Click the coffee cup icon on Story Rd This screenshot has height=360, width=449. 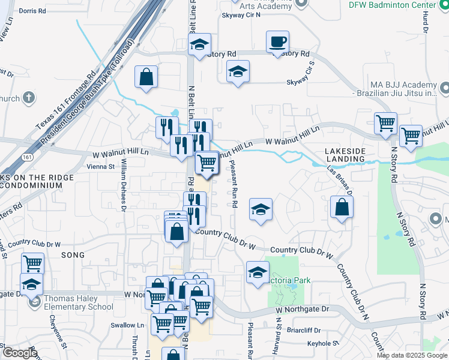pos(277,43)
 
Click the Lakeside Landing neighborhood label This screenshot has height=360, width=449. pos(345,155)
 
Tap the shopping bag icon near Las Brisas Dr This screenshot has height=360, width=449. pos(341,208)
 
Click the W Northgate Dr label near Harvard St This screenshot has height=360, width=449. pos(303,309)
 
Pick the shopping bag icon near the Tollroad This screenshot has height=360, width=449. pos(146,77)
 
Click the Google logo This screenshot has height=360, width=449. pos(19,353)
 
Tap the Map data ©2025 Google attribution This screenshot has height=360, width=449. pos(412,355)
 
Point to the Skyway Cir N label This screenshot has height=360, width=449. pos(241,16)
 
